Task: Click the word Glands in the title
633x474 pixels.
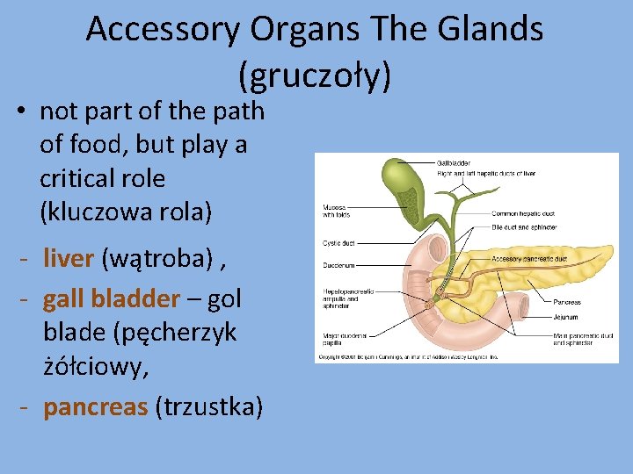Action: pyautogui.click(x=488, y=30)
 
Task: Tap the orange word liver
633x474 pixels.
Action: pyautogui.click(x=69, y=258)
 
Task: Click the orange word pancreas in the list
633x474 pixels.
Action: pyautogui.click(x=95, y=407)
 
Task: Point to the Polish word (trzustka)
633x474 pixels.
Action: pyautogui.click(x=207, y=407)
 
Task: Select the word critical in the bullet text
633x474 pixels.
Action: pyautogui.click(x=102, y=178)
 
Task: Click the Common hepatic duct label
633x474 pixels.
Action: pyautogui.click(x=523, y=213)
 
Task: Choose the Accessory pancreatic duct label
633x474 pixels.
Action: pyautogui.click(x=529, y=259)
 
